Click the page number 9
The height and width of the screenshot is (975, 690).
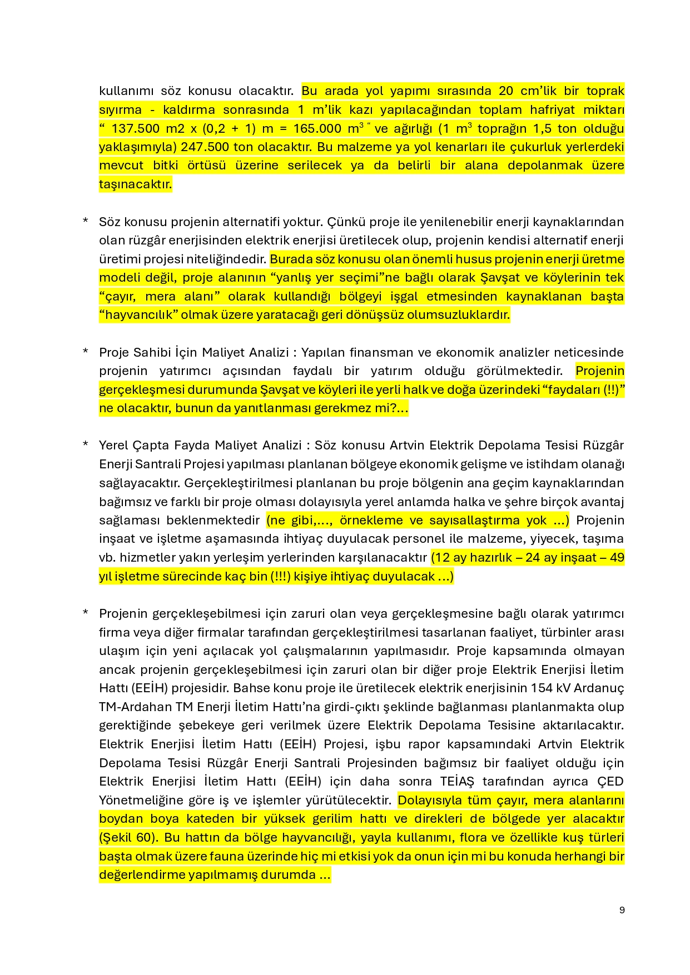click(x=622, y=909)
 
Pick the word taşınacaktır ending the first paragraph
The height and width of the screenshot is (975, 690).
click(x=135, y=184)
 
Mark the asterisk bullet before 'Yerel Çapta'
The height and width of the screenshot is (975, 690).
click(x=86, y=445)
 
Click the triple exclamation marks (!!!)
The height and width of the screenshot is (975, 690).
click(x=281, y=577)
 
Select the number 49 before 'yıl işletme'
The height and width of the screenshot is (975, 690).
click(x=617, y=558)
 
